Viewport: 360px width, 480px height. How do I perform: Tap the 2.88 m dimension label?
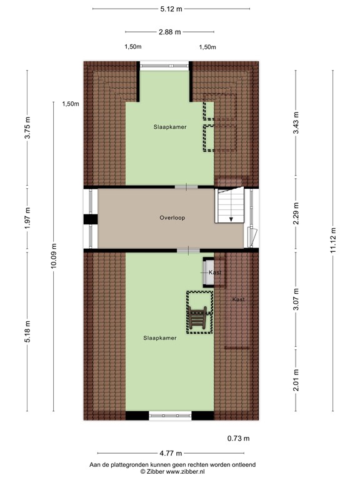(170, 32)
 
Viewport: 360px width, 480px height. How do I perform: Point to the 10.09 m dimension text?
(54, 256)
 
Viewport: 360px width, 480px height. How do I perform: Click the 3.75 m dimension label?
(27, 128)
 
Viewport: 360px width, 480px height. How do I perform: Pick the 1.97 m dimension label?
(27, 218)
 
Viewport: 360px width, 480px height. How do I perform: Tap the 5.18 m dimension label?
(27, 332)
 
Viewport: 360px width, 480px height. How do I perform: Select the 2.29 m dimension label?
(296, 214)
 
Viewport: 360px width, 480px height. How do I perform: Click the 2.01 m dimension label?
(296, 379)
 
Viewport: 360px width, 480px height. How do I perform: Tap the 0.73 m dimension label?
(238, 437)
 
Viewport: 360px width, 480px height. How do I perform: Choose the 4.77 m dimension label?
(170, 453)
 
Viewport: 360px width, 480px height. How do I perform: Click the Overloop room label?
(172, 218)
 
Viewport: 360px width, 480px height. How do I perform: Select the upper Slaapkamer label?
(170, 127)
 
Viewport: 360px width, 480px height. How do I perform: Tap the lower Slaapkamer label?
(159, 337)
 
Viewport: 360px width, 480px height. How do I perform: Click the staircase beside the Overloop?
(230, 206)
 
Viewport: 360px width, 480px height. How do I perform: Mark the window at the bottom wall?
(170, 415)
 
